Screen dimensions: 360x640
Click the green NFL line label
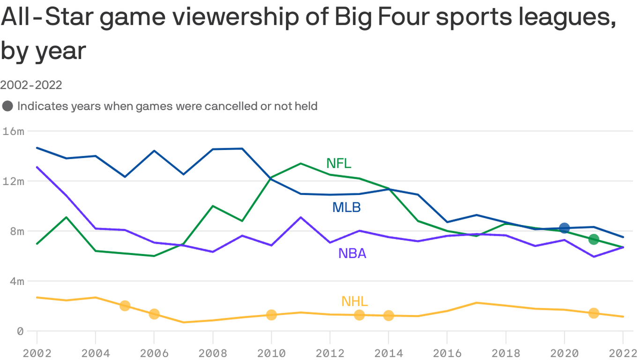click(x=338, y=163)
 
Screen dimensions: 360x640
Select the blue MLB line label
click(x=346, y=207)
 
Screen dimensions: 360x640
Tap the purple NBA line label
click(x=352, y=253)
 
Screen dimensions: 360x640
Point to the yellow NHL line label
click(x=354, y=301)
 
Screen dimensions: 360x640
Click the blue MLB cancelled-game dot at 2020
click(x=564, y=228)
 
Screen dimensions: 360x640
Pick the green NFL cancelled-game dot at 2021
click(x=594, y=239)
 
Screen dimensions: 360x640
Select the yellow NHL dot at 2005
click(x=125, y=306)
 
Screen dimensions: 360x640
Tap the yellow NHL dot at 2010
click(x=271, y=315)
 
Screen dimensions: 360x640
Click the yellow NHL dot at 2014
click(x=388, y=315)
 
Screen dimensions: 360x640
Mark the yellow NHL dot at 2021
click(x=594, y=313)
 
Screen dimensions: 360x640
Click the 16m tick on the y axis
click(x=13, y=131)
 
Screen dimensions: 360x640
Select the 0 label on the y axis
click(x=20, y=331)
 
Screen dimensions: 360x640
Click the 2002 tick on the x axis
click(x=37, y=353)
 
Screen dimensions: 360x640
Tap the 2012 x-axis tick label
click(x=330, y=353)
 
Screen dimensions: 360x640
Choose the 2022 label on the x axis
click(x=622, y=353)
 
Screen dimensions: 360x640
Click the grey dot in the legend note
click(x=7, y=106)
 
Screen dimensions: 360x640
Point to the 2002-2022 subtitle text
click(x=31, y=85)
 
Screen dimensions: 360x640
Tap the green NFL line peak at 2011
click(x=300, y=164)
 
